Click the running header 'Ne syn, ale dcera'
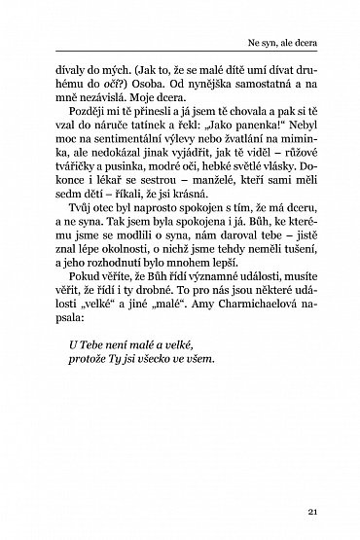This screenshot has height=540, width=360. (x=292, y=43)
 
